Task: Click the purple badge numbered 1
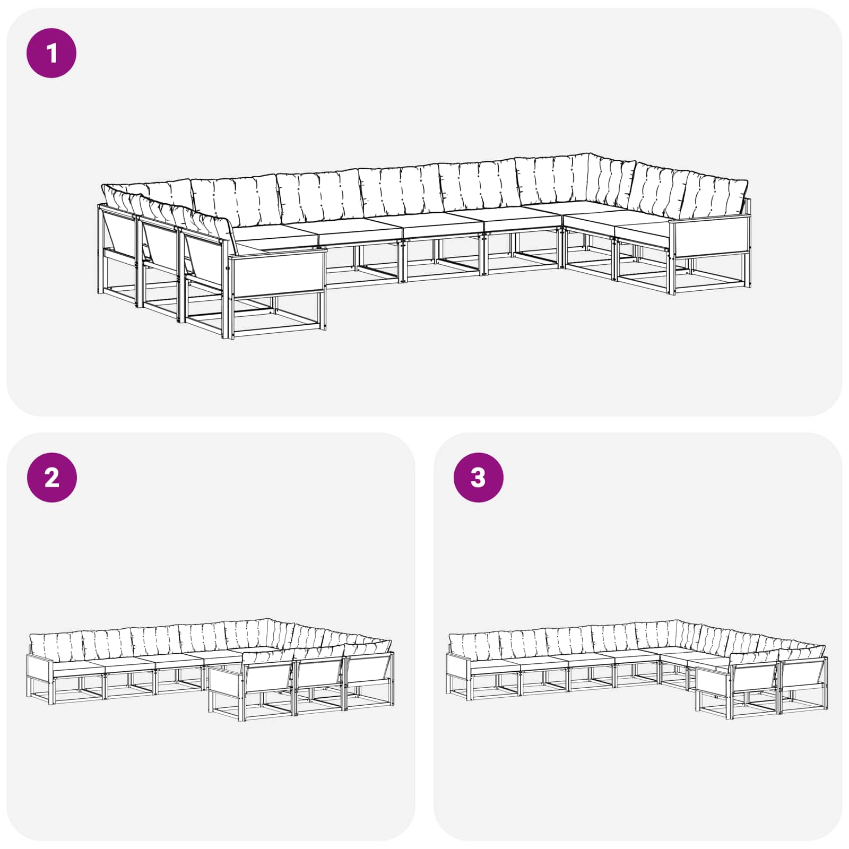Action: click(x=51, y=54)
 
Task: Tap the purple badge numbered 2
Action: click(x=51, y=478)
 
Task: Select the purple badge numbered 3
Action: click(x=478, y=478)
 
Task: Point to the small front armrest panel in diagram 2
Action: click(x=225, y=680)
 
